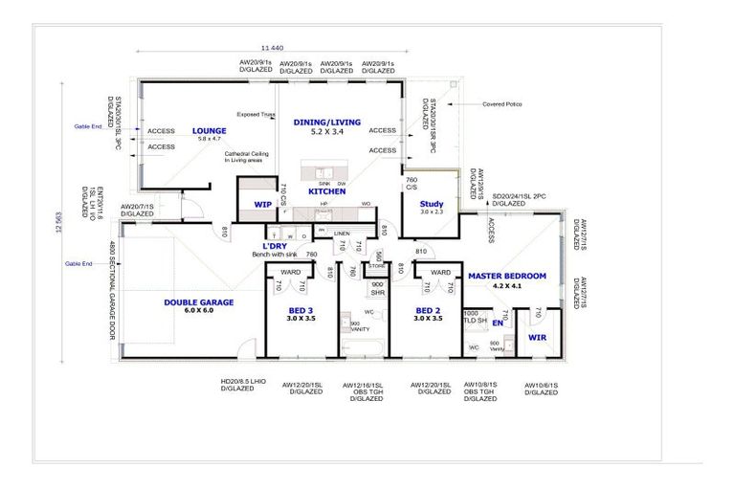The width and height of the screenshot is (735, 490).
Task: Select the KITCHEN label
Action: click(x=326, y=191)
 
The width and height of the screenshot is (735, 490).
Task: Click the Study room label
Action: click(x=432, y=203)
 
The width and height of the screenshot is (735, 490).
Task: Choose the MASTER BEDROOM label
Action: click(x=506, y=276)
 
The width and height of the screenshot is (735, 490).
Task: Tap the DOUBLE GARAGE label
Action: click(x=198, y=302)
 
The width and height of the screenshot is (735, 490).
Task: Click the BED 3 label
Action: click(x=301, y=309)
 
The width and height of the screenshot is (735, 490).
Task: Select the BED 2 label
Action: click(x=428, y=309)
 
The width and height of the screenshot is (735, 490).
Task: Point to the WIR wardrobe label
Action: click(x=537, y=337)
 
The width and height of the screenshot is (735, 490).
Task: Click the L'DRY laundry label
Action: click(x=275, y=246)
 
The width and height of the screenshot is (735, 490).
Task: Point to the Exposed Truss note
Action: click(x=256, y=113)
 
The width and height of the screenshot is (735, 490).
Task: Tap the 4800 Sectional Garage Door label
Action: click(x=112, y=293)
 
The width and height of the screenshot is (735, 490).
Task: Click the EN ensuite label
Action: click(x=497, y=323)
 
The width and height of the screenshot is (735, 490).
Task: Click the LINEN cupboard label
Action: click(x=342, y=234)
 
